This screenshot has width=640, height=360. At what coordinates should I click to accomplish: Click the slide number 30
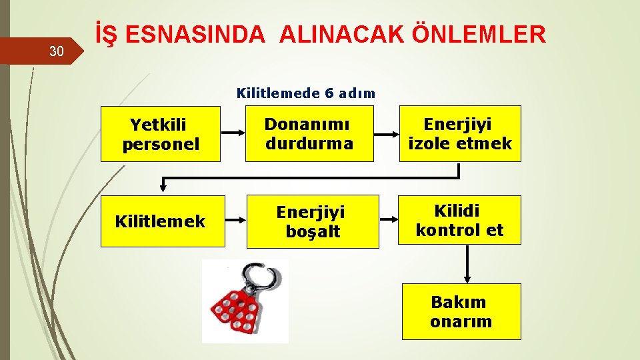57,51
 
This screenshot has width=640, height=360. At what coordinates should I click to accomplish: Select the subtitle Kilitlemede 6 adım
306,93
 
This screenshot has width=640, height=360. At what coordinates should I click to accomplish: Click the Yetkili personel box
160,133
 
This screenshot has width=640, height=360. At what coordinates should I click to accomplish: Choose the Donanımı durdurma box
309,133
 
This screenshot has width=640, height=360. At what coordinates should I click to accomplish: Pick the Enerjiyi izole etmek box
460,133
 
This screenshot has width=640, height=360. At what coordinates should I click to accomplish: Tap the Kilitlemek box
160,221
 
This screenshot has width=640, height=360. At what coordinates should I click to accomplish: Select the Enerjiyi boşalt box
312,221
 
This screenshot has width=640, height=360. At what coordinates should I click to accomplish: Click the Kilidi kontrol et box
460,220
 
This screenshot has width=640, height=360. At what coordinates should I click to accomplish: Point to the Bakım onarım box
461,311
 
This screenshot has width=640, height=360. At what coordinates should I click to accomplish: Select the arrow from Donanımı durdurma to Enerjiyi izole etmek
385,133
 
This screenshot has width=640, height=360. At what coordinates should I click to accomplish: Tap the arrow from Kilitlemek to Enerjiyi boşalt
233,220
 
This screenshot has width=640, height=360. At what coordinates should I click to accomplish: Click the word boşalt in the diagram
313,231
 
